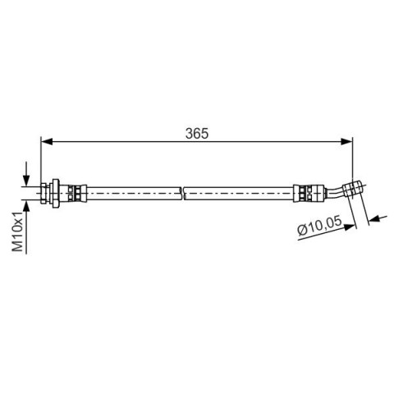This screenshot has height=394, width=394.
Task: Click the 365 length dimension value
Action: click(x=197, y=134)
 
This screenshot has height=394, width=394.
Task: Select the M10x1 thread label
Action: click(x=18, y=231)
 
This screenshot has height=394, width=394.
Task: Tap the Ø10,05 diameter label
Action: click(x=320, y=226)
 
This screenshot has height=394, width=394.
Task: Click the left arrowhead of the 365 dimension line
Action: click(x=46, y=142)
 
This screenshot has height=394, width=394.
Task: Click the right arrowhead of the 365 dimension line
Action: click(x=346, y=142)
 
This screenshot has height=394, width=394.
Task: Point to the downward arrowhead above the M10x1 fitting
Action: click(x=26, y=181)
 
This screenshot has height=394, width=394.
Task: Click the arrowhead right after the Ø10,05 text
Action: click(x=350, y=227)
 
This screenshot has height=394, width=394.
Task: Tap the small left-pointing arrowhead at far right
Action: click(x=374, y=219)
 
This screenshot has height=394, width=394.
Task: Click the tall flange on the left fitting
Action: click(x=56, y=194)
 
